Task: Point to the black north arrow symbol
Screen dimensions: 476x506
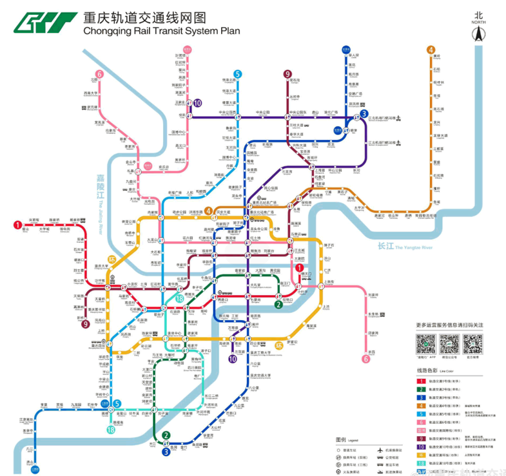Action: [x=478, y=35]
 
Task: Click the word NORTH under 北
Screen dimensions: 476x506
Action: [x=478, y=22]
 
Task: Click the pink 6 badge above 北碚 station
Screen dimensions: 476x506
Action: [x=99, y=74]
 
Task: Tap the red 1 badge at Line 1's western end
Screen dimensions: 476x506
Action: [x=17, y=224]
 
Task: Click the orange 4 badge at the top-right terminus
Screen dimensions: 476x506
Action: [x=431, y=50]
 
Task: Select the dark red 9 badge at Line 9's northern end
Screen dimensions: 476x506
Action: [x=287, y=74]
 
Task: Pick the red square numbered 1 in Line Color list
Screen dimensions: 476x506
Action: [x=422, y=381]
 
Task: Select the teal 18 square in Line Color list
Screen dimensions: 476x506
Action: [x=422, y=462]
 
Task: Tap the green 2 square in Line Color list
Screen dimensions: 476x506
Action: [x=422, y=390]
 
